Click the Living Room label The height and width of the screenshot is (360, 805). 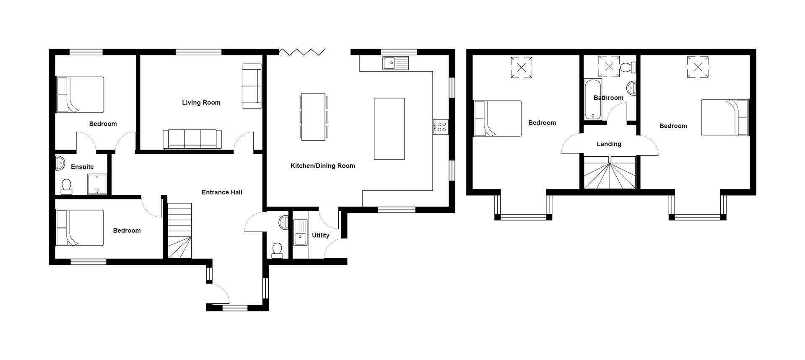click(201, 103)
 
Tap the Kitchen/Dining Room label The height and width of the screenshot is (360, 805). click(322, 166)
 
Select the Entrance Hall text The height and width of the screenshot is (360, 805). click(222, 192)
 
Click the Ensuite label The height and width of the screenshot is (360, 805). click(82, 167)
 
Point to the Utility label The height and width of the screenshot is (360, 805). click(320, 236)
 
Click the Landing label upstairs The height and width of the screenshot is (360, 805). click(609, 144)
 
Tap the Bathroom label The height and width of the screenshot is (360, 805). click(608, 98)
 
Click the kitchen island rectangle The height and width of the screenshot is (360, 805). click(389, 129)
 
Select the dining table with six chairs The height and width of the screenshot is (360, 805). click(313, 117)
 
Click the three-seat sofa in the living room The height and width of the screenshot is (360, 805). click(192, 139)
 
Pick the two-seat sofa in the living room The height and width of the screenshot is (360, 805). click(252, 86)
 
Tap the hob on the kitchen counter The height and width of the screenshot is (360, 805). click(441, 127)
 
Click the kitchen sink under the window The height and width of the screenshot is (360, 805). click(395, 63)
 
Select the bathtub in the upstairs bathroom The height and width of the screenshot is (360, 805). click(593, 99)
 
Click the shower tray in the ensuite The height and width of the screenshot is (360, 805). click(97, 184)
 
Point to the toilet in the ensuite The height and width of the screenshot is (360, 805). click(66, 186)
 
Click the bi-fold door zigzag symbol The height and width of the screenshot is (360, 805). click(302, 52)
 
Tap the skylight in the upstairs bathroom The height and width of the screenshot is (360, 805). click(609, 67)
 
